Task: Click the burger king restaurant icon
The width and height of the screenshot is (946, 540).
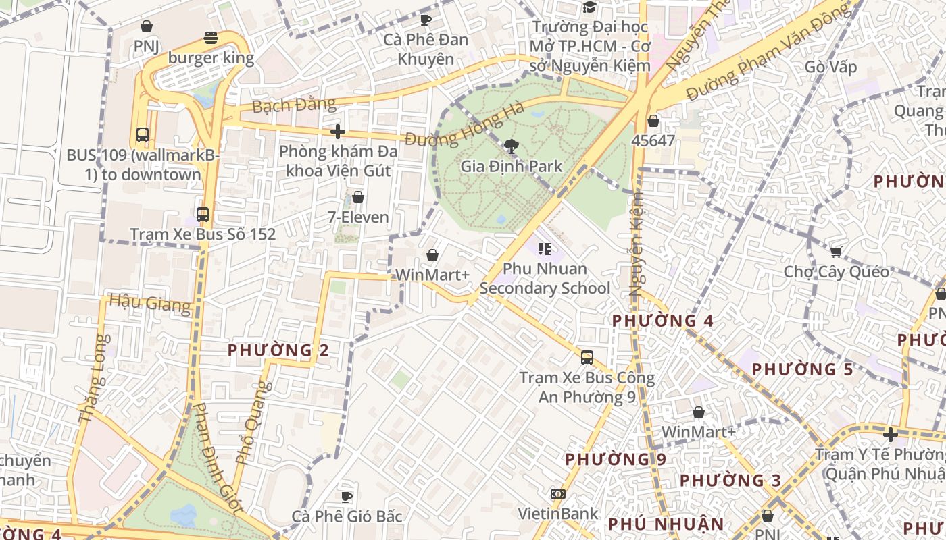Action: [211, 38]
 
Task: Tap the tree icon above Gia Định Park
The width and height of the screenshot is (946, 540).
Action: [512, 145]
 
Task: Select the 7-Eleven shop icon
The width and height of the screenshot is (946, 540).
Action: [358, 197]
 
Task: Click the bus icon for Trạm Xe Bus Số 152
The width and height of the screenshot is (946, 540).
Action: [202, 215]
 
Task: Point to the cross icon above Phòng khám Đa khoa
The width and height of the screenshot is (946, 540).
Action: [338, 132]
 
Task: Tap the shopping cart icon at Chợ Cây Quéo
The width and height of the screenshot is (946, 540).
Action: [836, 252]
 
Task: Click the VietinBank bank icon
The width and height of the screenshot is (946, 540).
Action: [557, 494]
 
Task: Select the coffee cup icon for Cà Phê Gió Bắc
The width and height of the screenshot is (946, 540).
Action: [347, 497]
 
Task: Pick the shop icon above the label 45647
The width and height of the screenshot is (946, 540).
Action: [653, 121]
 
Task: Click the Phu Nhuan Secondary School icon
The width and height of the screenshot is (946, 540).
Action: [545, 249]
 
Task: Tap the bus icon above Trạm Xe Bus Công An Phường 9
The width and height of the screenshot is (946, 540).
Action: [587, 358]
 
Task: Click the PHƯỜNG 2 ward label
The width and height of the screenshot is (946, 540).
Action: [278, 350]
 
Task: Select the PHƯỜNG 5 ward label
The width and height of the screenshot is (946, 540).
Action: [803, 369]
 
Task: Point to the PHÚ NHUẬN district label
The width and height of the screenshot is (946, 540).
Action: [666, 524]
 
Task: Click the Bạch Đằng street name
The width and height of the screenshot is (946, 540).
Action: [294, 105]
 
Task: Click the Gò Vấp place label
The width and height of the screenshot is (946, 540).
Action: [830, 67]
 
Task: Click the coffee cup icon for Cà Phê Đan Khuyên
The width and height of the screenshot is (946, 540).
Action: [426, 20]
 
